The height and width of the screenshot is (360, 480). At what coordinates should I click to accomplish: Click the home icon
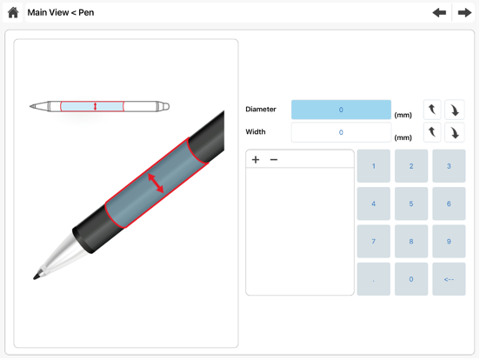pos(13,12)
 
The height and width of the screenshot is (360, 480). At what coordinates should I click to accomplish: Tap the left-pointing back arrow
pos(439,12)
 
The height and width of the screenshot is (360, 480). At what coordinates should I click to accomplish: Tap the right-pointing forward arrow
pos(464,12)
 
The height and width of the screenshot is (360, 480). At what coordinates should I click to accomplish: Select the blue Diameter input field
pos(341,110)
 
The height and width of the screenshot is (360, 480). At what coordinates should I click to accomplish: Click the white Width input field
pos(341,132)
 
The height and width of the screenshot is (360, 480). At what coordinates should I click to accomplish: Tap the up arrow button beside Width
pos(432,132)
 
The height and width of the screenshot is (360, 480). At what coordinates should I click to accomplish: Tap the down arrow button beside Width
pos(455,132)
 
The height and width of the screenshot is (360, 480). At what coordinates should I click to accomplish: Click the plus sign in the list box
pos(256,159)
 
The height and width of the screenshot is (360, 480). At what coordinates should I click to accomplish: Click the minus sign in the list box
pos(274,159)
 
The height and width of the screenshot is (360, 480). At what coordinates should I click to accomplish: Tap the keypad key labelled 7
pos(373,241)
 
